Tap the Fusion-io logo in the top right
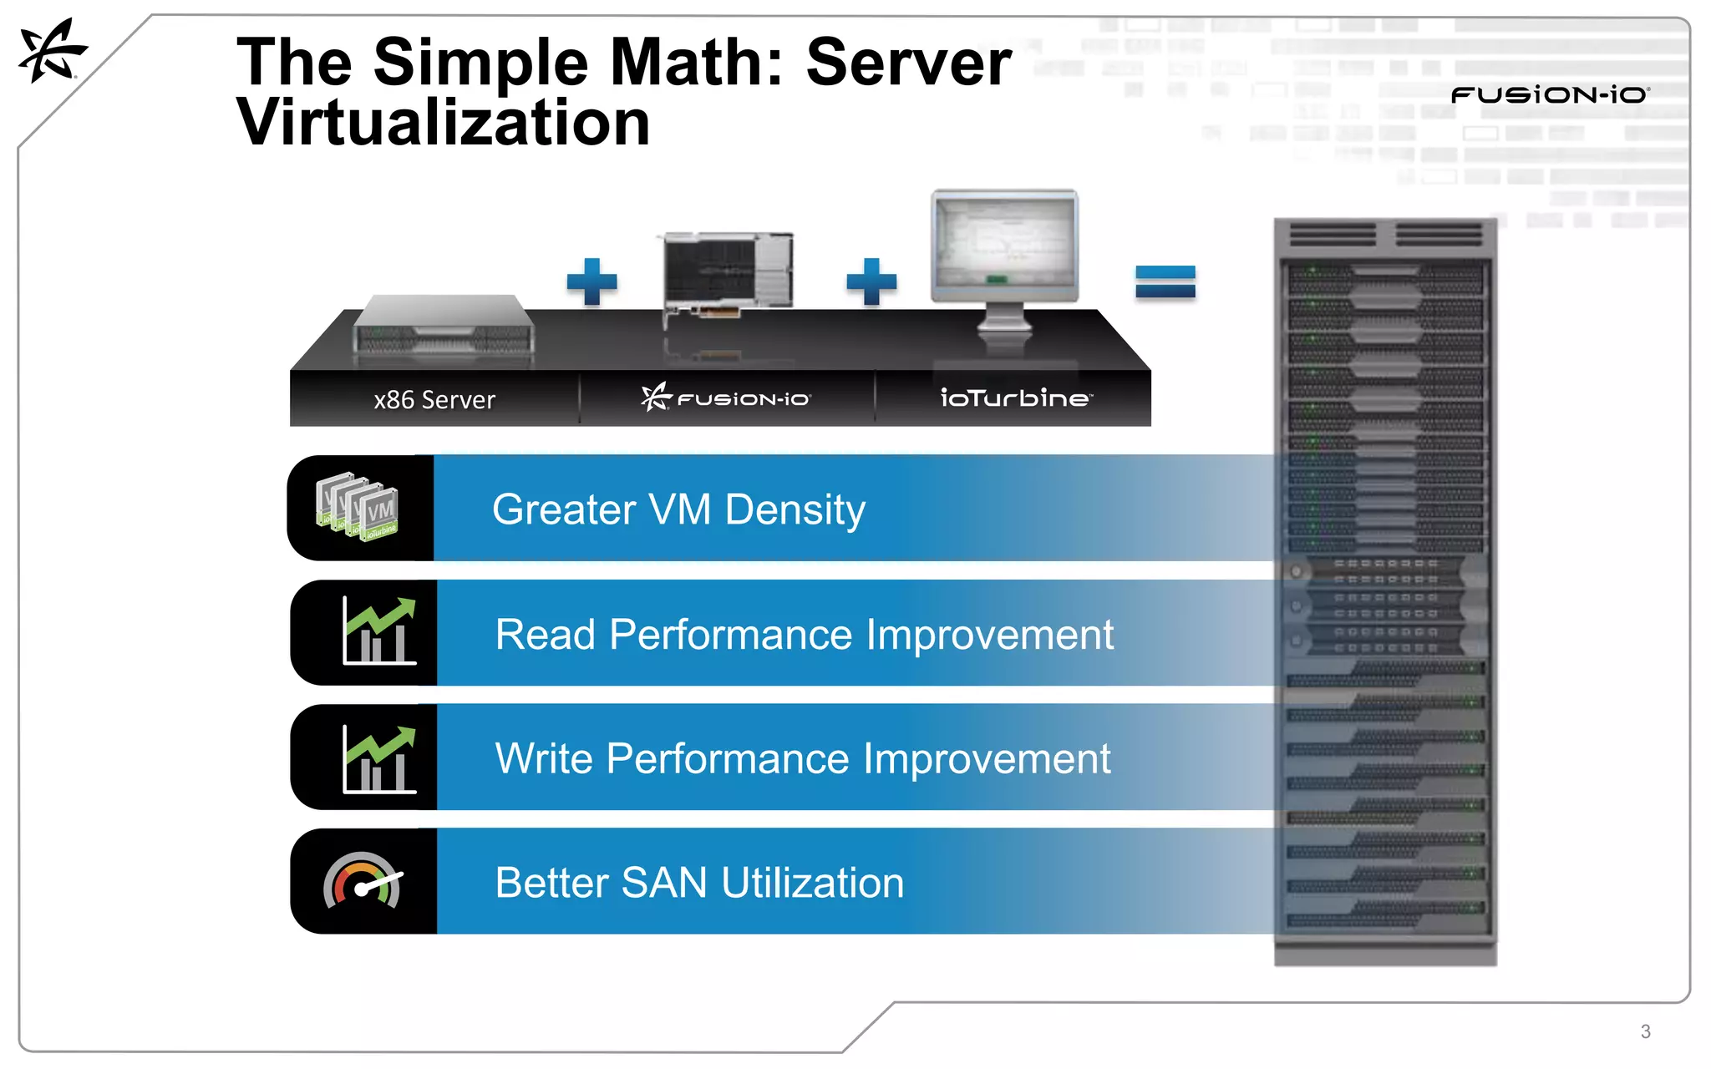1550,94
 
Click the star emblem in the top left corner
52,52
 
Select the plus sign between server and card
591,281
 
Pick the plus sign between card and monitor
871,281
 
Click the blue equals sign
1165,281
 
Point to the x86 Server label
434,400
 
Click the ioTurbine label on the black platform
1015,398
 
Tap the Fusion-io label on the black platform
726,398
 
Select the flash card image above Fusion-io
727,276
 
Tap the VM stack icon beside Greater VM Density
358,507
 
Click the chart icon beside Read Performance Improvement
379,631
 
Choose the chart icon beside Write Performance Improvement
379,758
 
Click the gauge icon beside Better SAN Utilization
363,881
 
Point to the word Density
795,509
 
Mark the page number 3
1645,1031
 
